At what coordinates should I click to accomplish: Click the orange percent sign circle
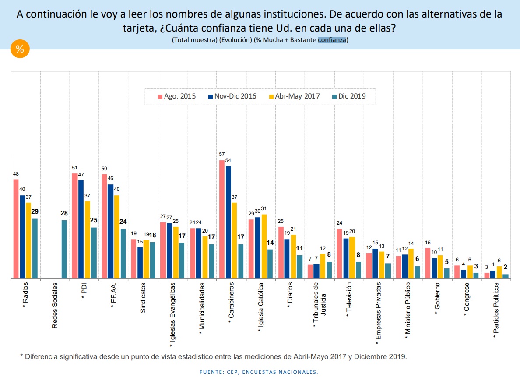[x=20, y=49]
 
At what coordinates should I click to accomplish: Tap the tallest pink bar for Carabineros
[x=222, y=219]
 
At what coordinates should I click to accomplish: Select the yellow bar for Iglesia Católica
[x=264, y=246]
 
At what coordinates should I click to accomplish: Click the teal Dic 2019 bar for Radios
[x=35, y=248]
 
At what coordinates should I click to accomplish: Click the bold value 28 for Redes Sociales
[x=64, y=214]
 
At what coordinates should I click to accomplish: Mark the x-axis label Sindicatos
[x=143, y=298]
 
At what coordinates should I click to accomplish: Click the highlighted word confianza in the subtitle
[x=332, y=40]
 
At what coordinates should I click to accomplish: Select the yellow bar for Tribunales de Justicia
[x=323, y=266]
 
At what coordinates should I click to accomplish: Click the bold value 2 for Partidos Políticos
[x=505, y=267]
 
